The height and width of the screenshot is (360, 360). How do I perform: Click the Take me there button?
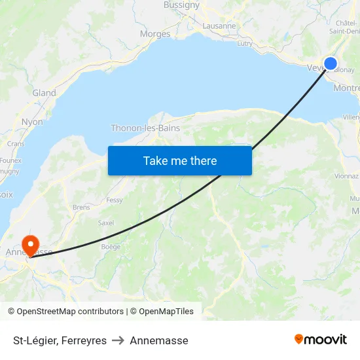click(180, 160)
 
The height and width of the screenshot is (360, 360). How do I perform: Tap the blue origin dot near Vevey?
click(331, 63)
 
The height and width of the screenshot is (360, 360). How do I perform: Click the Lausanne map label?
click(219, 26)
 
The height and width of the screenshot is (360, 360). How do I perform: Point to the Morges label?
click(155, 34)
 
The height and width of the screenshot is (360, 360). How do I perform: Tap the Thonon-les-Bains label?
click(145, 128)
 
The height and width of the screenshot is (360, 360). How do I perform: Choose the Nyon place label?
click(32, 122)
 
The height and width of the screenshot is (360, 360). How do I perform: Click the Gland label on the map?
click(45, 93)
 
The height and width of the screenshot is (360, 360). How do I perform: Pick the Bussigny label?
click(182, 5)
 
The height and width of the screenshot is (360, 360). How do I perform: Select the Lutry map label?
click(245, 43)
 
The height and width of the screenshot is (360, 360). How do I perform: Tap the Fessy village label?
click(115, 200)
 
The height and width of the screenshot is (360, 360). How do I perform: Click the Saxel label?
click(105, 223)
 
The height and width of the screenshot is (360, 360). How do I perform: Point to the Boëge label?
click(111, 247)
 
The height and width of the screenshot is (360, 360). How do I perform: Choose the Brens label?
click(82, 207)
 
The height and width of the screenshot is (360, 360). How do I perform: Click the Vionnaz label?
click(346, 176)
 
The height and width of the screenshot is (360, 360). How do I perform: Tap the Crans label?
click(16, 143)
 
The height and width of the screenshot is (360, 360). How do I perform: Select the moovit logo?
click(321, 339)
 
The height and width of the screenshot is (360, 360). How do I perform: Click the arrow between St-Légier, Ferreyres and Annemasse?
click(118, 340)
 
